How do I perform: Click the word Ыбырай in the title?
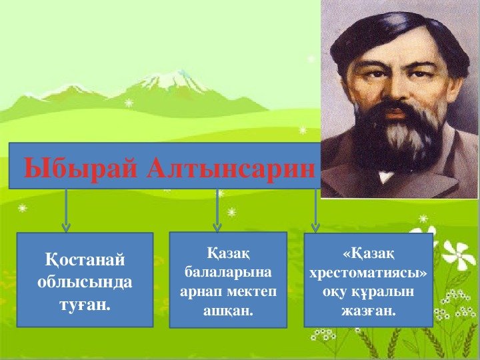point(80,169)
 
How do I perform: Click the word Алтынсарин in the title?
point(231,168)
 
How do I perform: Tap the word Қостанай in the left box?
point(85,261)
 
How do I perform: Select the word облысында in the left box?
point(85,282)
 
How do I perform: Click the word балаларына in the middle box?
point(228,273)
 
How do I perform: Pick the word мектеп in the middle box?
point(251,291)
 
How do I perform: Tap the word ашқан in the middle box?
point(228,311)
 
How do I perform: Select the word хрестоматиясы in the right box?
point(368,273)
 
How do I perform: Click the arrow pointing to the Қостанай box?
point(66,211)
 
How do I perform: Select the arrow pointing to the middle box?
point(217,211)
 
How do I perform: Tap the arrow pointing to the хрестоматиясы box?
point(315,211)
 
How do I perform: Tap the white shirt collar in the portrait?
point(385,176)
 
